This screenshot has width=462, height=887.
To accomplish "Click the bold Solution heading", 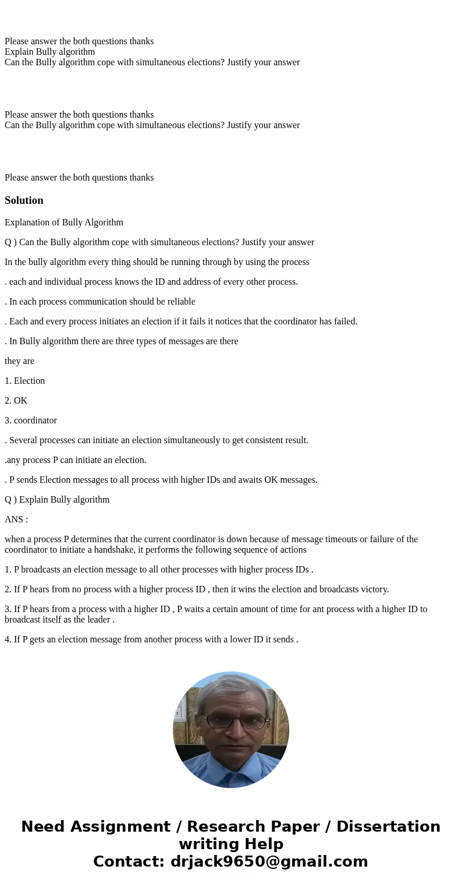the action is [x=24, y=200].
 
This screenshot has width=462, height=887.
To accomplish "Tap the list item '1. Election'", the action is [x=24, y=381].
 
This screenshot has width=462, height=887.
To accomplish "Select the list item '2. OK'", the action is [x=16, y=401].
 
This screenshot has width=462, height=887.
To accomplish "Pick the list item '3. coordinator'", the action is [x=31, y=420].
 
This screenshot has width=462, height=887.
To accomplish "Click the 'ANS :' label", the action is [x=16, y=520].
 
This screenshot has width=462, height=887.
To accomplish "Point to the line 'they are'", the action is [x=19, y=361].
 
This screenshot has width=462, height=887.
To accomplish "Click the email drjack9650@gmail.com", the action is [x=269, y=861].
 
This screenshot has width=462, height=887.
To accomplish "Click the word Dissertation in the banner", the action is [x=388, y=826].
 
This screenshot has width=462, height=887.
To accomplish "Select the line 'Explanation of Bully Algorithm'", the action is [x=64, y=222].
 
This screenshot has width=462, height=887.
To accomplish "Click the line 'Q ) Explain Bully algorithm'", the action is [x=57, y=500].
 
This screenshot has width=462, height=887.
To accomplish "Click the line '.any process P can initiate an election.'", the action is [x=76, y=460].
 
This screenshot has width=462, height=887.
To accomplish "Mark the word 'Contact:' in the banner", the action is [x=129, y=861].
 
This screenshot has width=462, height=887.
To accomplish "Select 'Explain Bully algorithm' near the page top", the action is [x=49, y=52].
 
